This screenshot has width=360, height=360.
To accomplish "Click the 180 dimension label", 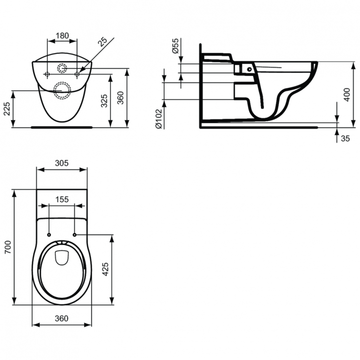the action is [62, 36].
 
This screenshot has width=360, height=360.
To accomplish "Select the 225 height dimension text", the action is [7, 109].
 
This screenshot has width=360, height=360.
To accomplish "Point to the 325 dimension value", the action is [104, 101].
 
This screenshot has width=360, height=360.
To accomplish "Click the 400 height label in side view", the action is [347, 95].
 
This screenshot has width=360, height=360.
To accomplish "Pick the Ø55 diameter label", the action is [175, 46].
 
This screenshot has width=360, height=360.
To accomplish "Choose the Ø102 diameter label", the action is [159, 118].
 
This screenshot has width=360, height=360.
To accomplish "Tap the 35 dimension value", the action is [345, 138].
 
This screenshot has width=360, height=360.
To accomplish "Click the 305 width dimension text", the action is [62, 163].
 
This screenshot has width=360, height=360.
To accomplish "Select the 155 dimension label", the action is [62, 199].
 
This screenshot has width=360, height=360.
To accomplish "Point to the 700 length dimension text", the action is [8, 247].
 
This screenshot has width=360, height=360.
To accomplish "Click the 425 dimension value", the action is [105, 270].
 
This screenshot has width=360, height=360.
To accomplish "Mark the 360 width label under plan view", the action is [61, 318].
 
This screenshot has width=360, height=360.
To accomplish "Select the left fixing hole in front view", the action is [47, 74].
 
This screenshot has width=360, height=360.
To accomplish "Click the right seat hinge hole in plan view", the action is [75, 235].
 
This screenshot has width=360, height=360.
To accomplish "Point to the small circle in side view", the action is [249, 69].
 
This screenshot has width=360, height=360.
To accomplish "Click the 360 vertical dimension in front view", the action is [120, 98].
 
